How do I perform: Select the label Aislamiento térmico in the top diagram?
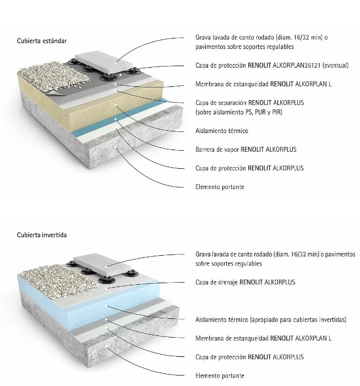point(221,131)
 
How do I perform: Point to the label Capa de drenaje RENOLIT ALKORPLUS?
point(245,282)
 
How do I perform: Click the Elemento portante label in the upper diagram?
point(220,187)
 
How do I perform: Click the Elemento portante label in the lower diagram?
point(220,376)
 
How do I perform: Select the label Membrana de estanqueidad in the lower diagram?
point(263,338)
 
